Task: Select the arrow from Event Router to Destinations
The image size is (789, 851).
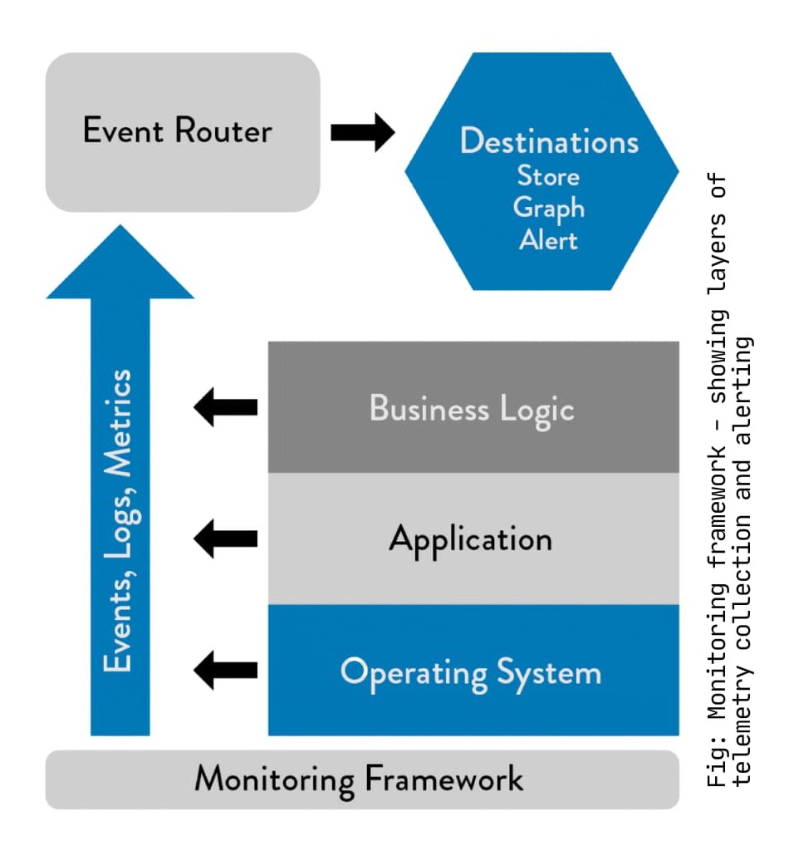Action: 362,132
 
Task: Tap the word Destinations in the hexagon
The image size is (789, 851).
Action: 549,141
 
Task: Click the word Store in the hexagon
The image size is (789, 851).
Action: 548,176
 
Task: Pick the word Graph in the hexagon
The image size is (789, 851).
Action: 548,208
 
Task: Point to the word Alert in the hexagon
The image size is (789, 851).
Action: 548,239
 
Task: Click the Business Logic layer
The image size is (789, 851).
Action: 473,408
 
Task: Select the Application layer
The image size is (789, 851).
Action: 473,539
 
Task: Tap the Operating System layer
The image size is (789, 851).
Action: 473,671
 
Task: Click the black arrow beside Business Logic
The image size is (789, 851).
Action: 225,407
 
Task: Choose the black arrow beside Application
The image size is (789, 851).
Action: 225,539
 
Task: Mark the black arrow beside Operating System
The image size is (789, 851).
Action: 225,670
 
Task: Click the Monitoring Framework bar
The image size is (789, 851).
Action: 361,780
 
